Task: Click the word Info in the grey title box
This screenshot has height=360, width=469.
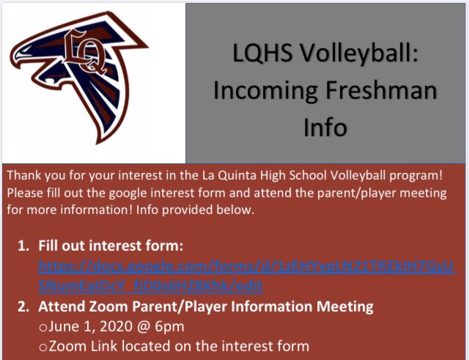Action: [325, 127]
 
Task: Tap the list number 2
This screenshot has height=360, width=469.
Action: [22, 305]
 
